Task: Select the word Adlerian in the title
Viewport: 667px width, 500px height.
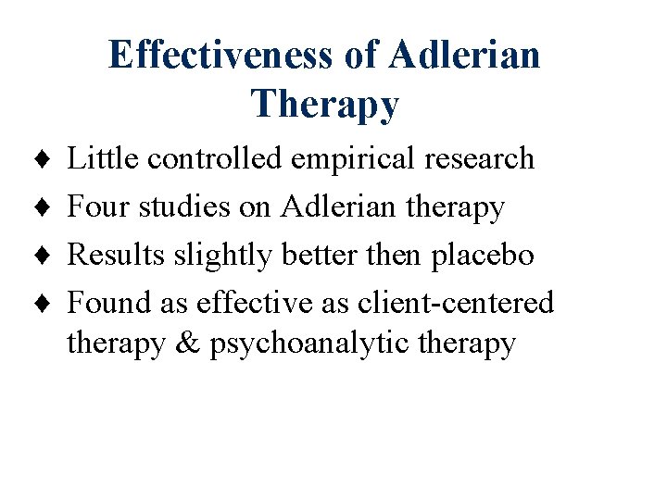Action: point(464,55)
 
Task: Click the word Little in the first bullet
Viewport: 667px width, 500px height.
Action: point(104,158)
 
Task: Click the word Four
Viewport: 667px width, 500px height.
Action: point(100,206)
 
